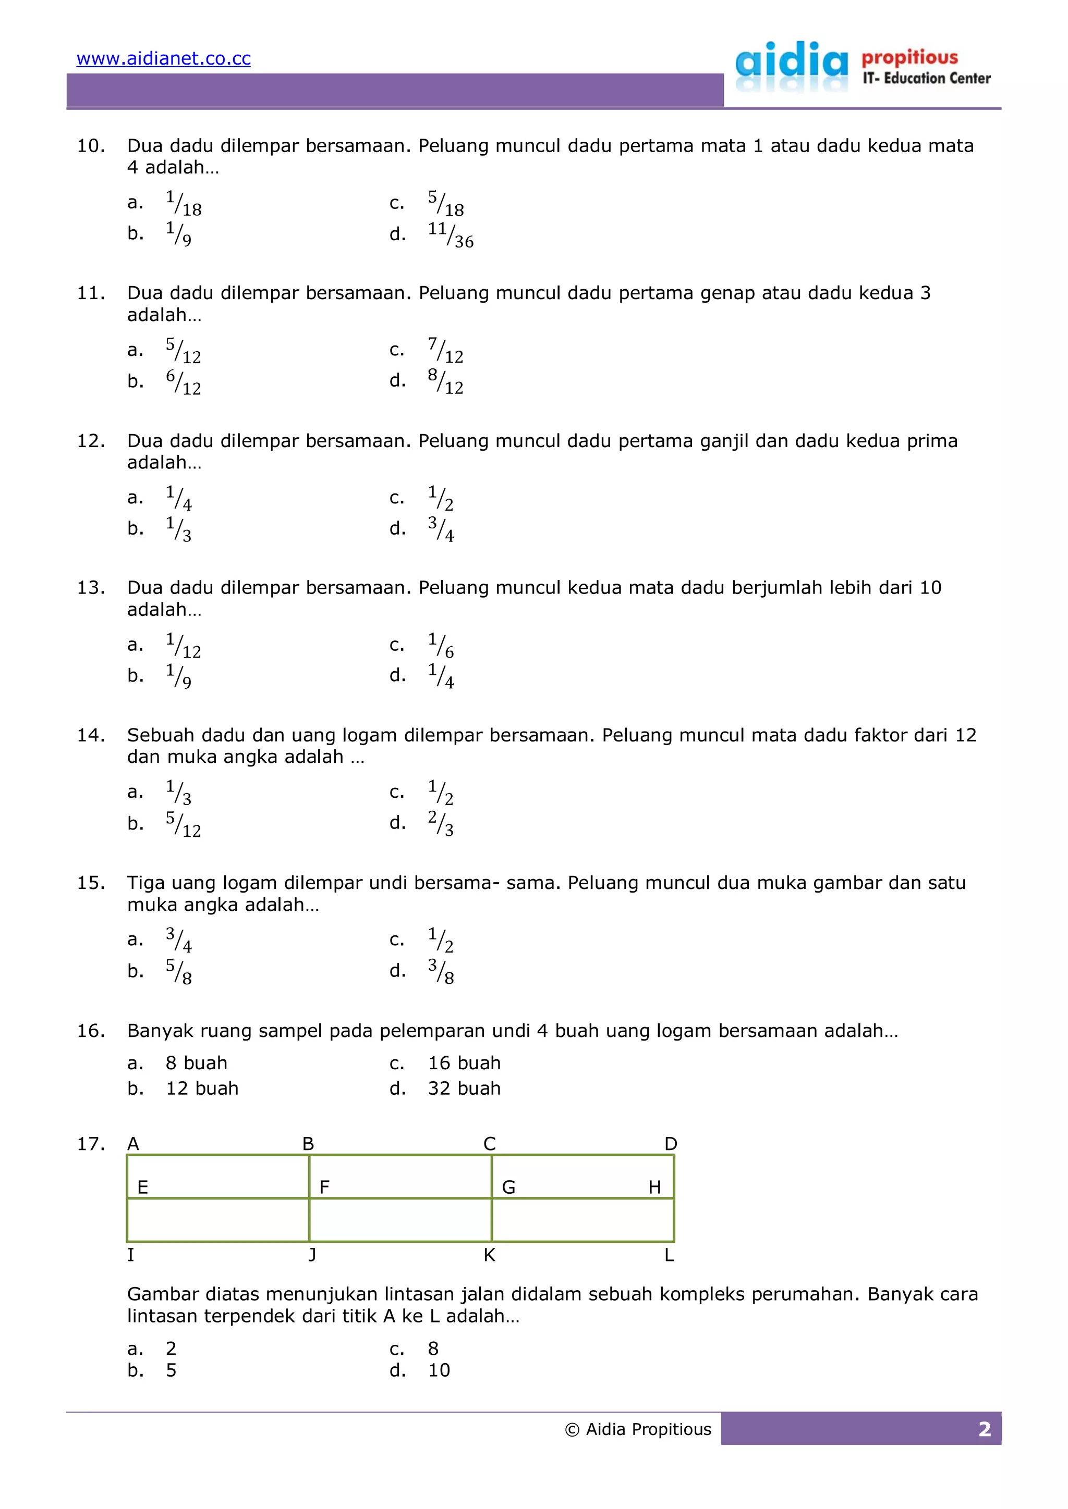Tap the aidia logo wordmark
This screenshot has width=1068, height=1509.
pos(791,64)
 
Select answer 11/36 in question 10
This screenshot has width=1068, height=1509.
pos(450,234)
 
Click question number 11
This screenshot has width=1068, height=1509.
pos(91,293)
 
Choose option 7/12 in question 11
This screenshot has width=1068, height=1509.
pos(445,350)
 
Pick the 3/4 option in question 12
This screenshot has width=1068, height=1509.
pos(441,529)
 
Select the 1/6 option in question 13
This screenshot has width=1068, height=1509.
pos(441,645)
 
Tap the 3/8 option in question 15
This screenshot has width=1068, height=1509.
pos(441,971)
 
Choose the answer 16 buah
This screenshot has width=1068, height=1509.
pos(464,1063)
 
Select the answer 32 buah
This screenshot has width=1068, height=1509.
pos(464,1089)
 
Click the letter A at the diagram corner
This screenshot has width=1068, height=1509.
pos(133,1144)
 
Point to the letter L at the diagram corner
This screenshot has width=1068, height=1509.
pos(669,1255)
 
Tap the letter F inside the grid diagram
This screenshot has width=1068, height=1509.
pos(324,1187)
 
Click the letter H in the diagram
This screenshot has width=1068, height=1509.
pos(654,1187)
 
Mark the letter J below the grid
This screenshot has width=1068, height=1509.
pos(312,1255)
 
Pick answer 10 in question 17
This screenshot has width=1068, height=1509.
pos(439,1370)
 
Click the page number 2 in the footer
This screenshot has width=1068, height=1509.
pos(984,1429)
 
